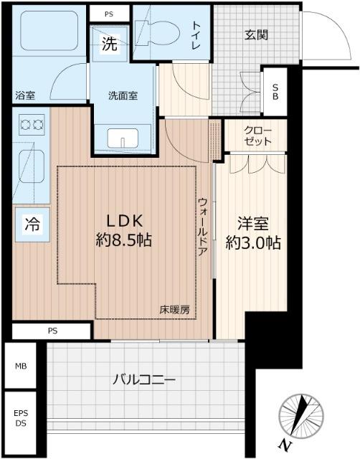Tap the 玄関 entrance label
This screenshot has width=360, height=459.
point(255,34)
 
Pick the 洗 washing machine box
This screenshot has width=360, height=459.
point(109,44)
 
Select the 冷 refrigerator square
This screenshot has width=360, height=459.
point(31,223)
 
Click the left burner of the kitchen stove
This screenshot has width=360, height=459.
point(20,125)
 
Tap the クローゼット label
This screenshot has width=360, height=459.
point(256,137)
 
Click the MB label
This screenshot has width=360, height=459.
point(21,366)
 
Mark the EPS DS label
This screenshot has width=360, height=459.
point(21,419)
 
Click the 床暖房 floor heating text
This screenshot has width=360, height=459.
point(175,310)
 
